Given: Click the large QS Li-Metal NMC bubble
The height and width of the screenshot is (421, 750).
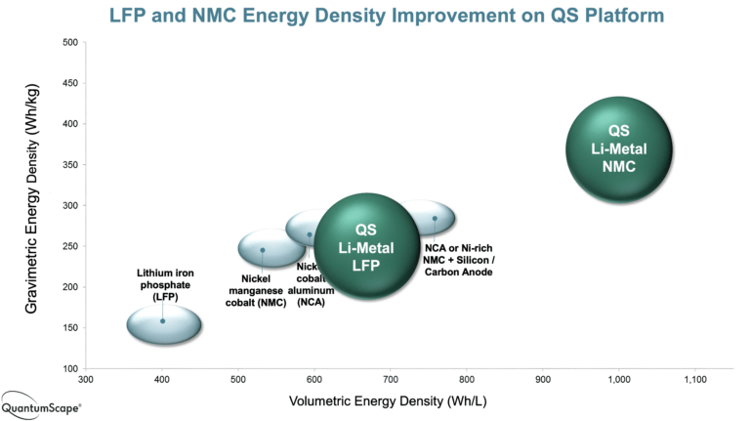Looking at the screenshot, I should [620, 149].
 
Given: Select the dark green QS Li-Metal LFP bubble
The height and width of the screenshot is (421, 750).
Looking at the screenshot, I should [365, 247].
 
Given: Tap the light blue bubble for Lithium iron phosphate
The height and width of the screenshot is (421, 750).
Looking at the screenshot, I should [163, 322].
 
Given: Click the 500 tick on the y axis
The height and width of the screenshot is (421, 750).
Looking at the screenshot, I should [70, 42].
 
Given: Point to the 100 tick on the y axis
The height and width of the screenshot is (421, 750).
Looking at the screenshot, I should [70, 368].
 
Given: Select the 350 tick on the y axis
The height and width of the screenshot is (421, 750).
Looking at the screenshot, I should [70, 164].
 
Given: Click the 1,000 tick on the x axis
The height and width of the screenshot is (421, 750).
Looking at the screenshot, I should [618, 379].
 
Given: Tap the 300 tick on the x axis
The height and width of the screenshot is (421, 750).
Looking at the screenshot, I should [86, 379].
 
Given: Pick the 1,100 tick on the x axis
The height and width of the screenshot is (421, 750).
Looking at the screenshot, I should [694, 379].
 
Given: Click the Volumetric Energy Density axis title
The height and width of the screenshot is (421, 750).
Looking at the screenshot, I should [375, 401].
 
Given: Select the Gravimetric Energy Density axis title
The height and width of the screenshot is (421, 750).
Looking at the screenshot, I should [32, 205].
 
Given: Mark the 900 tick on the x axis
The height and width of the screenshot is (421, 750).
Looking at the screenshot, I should [542, 379].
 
